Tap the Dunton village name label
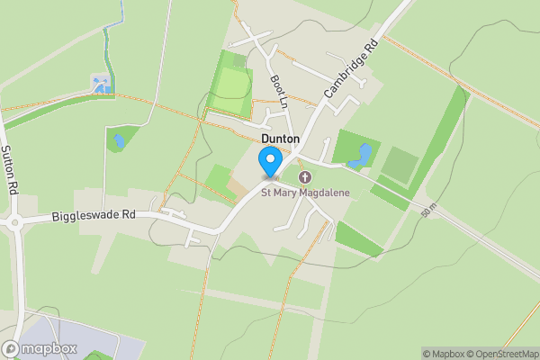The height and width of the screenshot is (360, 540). click(281, 139)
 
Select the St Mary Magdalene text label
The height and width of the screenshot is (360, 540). click(305, 192)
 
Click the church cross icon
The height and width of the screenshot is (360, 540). click(305, 177)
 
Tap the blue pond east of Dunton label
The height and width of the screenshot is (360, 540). click(362, 155)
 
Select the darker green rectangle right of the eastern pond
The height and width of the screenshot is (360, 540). click(400, 164)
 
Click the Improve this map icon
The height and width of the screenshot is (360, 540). click(533, 354)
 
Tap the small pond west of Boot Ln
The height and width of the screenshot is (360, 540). click(119, 141)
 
